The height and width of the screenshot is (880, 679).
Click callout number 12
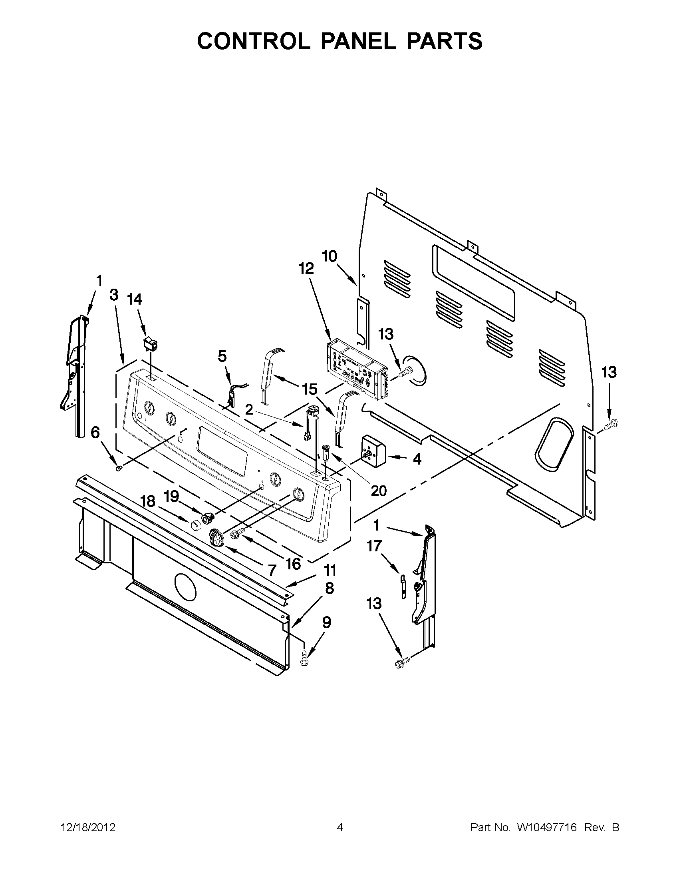click(x=306, y=268)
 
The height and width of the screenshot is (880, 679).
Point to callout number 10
click(x=330, y=256)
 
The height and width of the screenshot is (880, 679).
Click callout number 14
click(x=135, y=299)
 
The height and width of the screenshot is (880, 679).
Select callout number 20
click(x=379, y=490)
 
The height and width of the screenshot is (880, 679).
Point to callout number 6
click(x=95, y=432)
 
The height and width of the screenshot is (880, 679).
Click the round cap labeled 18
click(x=196, y=525)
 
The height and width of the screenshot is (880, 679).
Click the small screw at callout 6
click(x=119, y=468)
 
